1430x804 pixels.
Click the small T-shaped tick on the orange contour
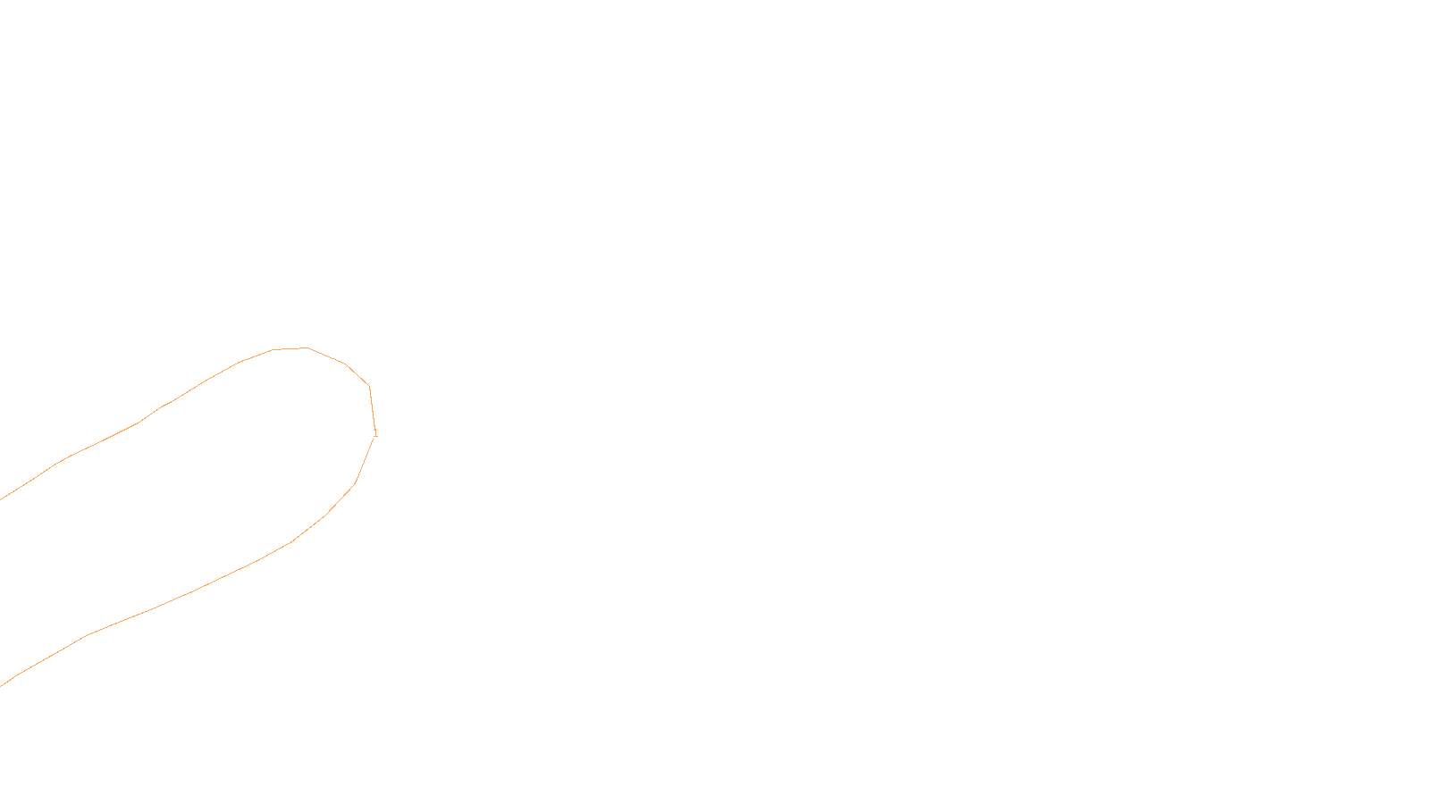coord(375,434)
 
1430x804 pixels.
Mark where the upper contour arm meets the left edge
coord(2,498)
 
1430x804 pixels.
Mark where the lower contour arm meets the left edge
coord(2,685)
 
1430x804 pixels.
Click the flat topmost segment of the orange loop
coord(290,348)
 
